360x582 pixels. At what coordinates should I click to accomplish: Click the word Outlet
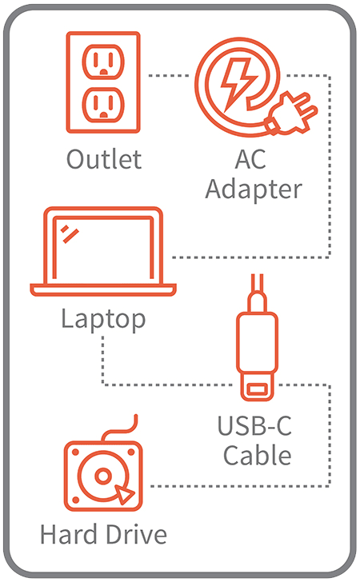click(x=104, y=159)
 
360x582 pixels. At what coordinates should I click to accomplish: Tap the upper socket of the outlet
click(x=103, y=62)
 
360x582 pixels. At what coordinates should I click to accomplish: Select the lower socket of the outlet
click(x=103, y=105)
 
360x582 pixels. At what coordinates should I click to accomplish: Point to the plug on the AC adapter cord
click(x=292, y=113)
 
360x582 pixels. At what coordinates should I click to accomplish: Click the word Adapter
click(x=254, y=189)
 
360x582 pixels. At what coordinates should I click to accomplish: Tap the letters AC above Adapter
click(x=250, y=159)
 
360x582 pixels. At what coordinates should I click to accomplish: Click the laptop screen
click(x=103, y=248)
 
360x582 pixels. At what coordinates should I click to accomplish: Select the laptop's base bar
click(x=103, y=290)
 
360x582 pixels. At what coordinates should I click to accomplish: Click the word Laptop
click(x=103, y=319)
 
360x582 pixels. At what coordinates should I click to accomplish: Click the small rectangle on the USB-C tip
click(x=257, y=389)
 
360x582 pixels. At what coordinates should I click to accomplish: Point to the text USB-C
click(x=254, y=426)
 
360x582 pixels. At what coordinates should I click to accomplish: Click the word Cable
click(x=257, y=456)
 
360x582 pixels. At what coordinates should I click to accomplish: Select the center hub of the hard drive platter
click(x=103, y=476)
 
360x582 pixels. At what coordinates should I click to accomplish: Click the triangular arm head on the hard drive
click(x=124, y=494)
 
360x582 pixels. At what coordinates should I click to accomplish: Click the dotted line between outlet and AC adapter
click(x=169, y=76)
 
